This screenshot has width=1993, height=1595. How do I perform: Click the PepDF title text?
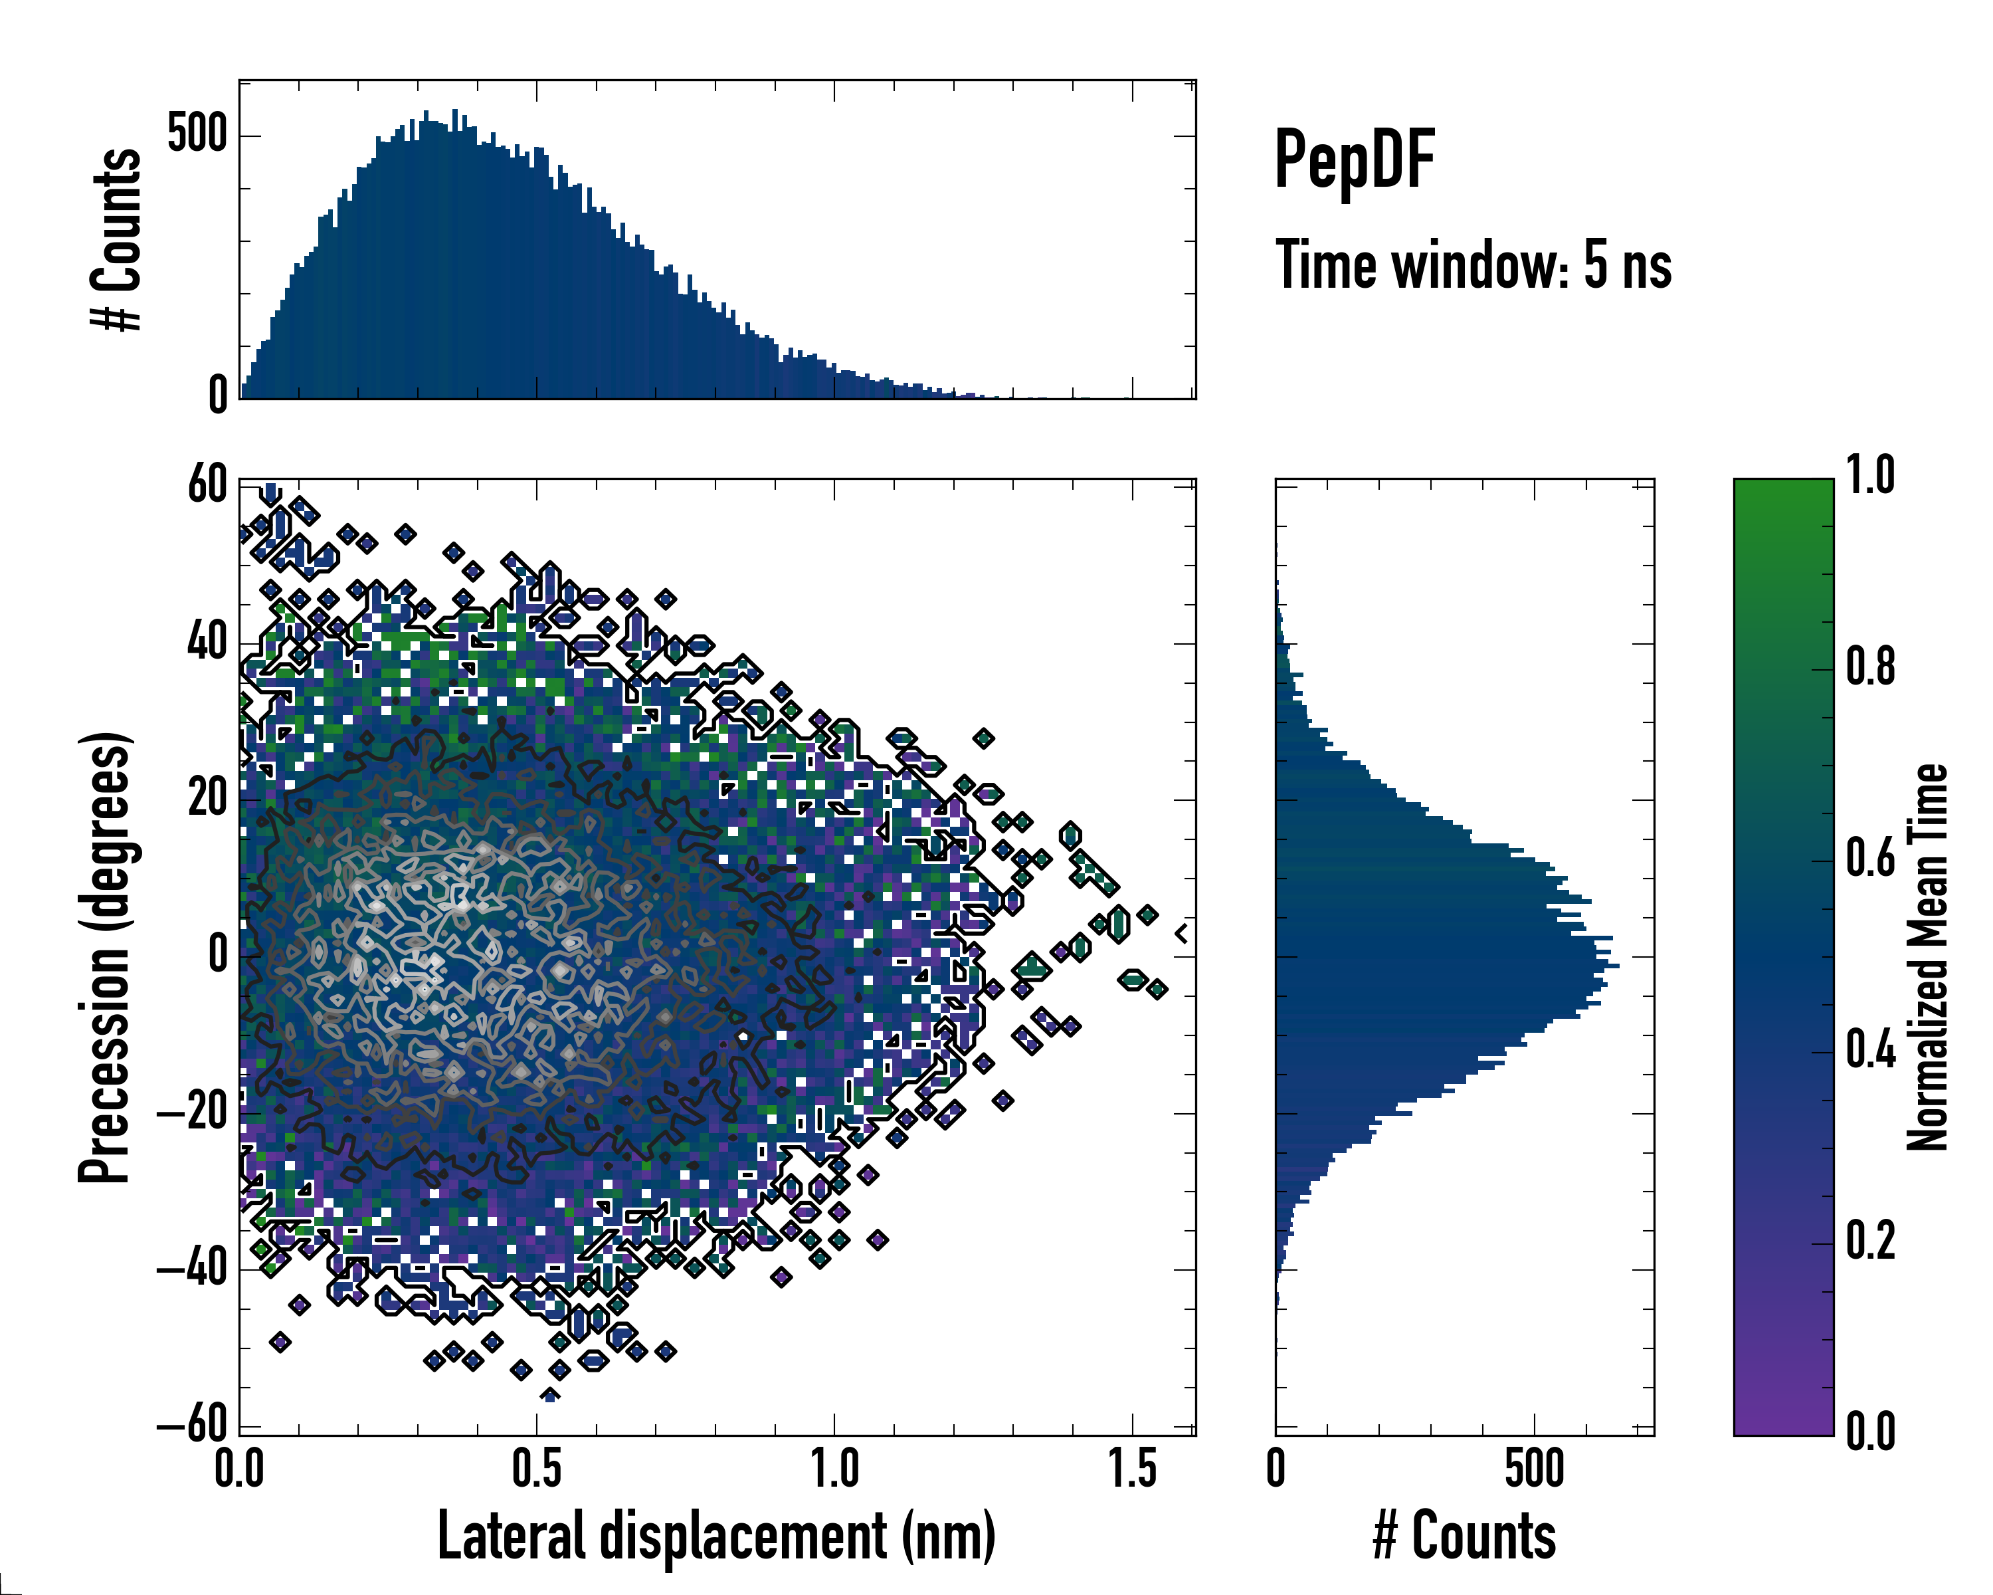point(1353,161)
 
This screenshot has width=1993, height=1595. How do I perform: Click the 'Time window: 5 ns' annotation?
point(1473,265)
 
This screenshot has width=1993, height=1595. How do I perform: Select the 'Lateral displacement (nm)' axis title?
point(716,1536)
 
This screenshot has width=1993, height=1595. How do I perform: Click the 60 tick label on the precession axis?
point(207,484)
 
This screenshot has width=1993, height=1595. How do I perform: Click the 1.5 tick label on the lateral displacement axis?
point(1133,1468)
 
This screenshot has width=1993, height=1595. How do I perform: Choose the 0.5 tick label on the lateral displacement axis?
point(537,1468)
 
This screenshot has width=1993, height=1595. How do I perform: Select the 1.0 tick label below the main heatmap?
point(834,1468)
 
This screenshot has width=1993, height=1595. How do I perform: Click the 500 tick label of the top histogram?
point(197,134)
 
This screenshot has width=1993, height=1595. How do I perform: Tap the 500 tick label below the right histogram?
point(1535,1468)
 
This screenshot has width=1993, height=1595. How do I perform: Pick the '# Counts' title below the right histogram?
point(1464,1536)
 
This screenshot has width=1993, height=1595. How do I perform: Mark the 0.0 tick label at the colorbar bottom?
point(1870,1432)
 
